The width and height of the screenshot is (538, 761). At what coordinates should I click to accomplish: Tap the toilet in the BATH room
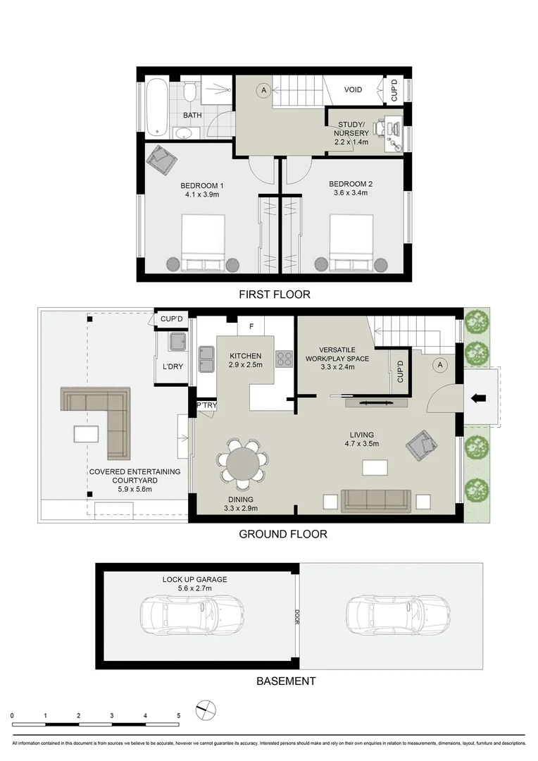[x=189, y=92]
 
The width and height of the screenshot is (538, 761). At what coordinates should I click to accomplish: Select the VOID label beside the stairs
[x=353, y=90]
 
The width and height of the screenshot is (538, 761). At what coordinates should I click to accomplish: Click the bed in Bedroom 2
[x=351, y=244]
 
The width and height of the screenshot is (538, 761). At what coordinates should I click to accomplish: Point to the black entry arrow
[x=479, y=399]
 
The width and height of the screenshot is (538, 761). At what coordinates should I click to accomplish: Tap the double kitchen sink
[x=206, y=359]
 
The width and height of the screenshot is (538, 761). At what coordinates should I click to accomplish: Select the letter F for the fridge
[x=251, y=327]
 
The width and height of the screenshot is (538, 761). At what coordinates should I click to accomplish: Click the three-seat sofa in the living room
[x=377, y=501]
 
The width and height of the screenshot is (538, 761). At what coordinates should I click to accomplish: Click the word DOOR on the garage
[x=297, y=617]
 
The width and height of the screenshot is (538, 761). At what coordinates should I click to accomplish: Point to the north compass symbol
[x=206, y=709]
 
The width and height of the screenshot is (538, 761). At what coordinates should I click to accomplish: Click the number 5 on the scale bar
[x=179, y=715]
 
